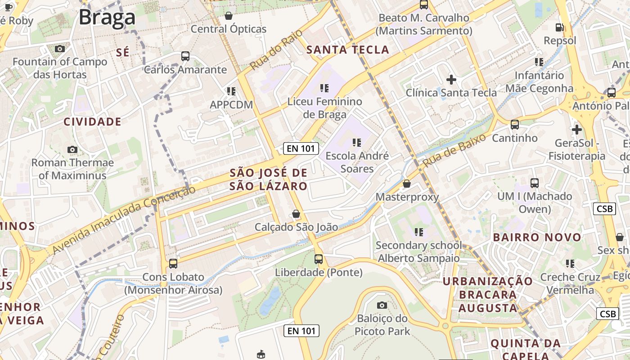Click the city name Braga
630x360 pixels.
(x=107, y=18)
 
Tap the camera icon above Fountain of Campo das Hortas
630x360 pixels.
(x=59, y=49)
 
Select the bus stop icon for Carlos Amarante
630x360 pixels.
(x=185, y=56)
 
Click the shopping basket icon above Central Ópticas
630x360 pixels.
(x=229, y=16)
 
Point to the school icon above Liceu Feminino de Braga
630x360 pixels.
(x=324, y=88)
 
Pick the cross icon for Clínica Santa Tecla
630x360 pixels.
(x=451, y=80)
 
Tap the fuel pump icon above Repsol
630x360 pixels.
(x=559, y=27)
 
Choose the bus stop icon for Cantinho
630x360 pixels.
(x=515, y=125)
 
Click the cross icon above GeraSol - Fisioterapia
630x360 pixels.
(x=576, y=130)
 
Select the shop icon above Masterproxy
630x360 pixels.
(x=407, y=184)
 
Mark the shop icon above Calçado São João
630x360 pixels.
(x=296, y=214)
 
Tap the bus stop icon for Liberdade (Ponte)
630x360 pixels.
(x=319, y=259)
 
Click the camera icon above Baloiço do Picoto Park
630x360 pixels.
(x=382, y=305)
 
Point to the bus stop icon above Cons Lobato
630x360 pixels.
(x=173, y=263)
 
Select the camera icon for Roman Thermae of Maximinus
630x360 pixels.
(x=72, y=149)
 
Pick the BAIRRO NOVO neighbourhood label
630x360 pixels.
(x=537, y=237)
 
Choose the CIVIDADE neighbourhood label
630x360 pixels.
(x=92, y=121)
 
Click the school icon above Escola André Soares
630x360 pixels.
(x=357, y=143)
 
